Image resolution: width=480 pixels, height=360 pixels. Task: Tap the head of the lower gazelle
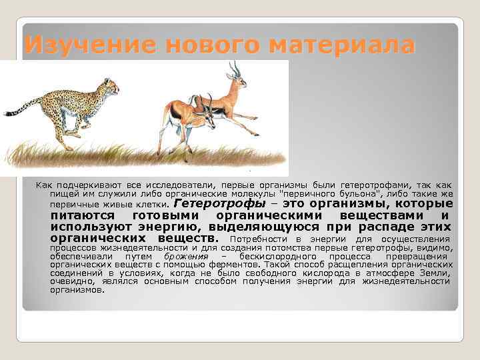click(211, 115)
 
